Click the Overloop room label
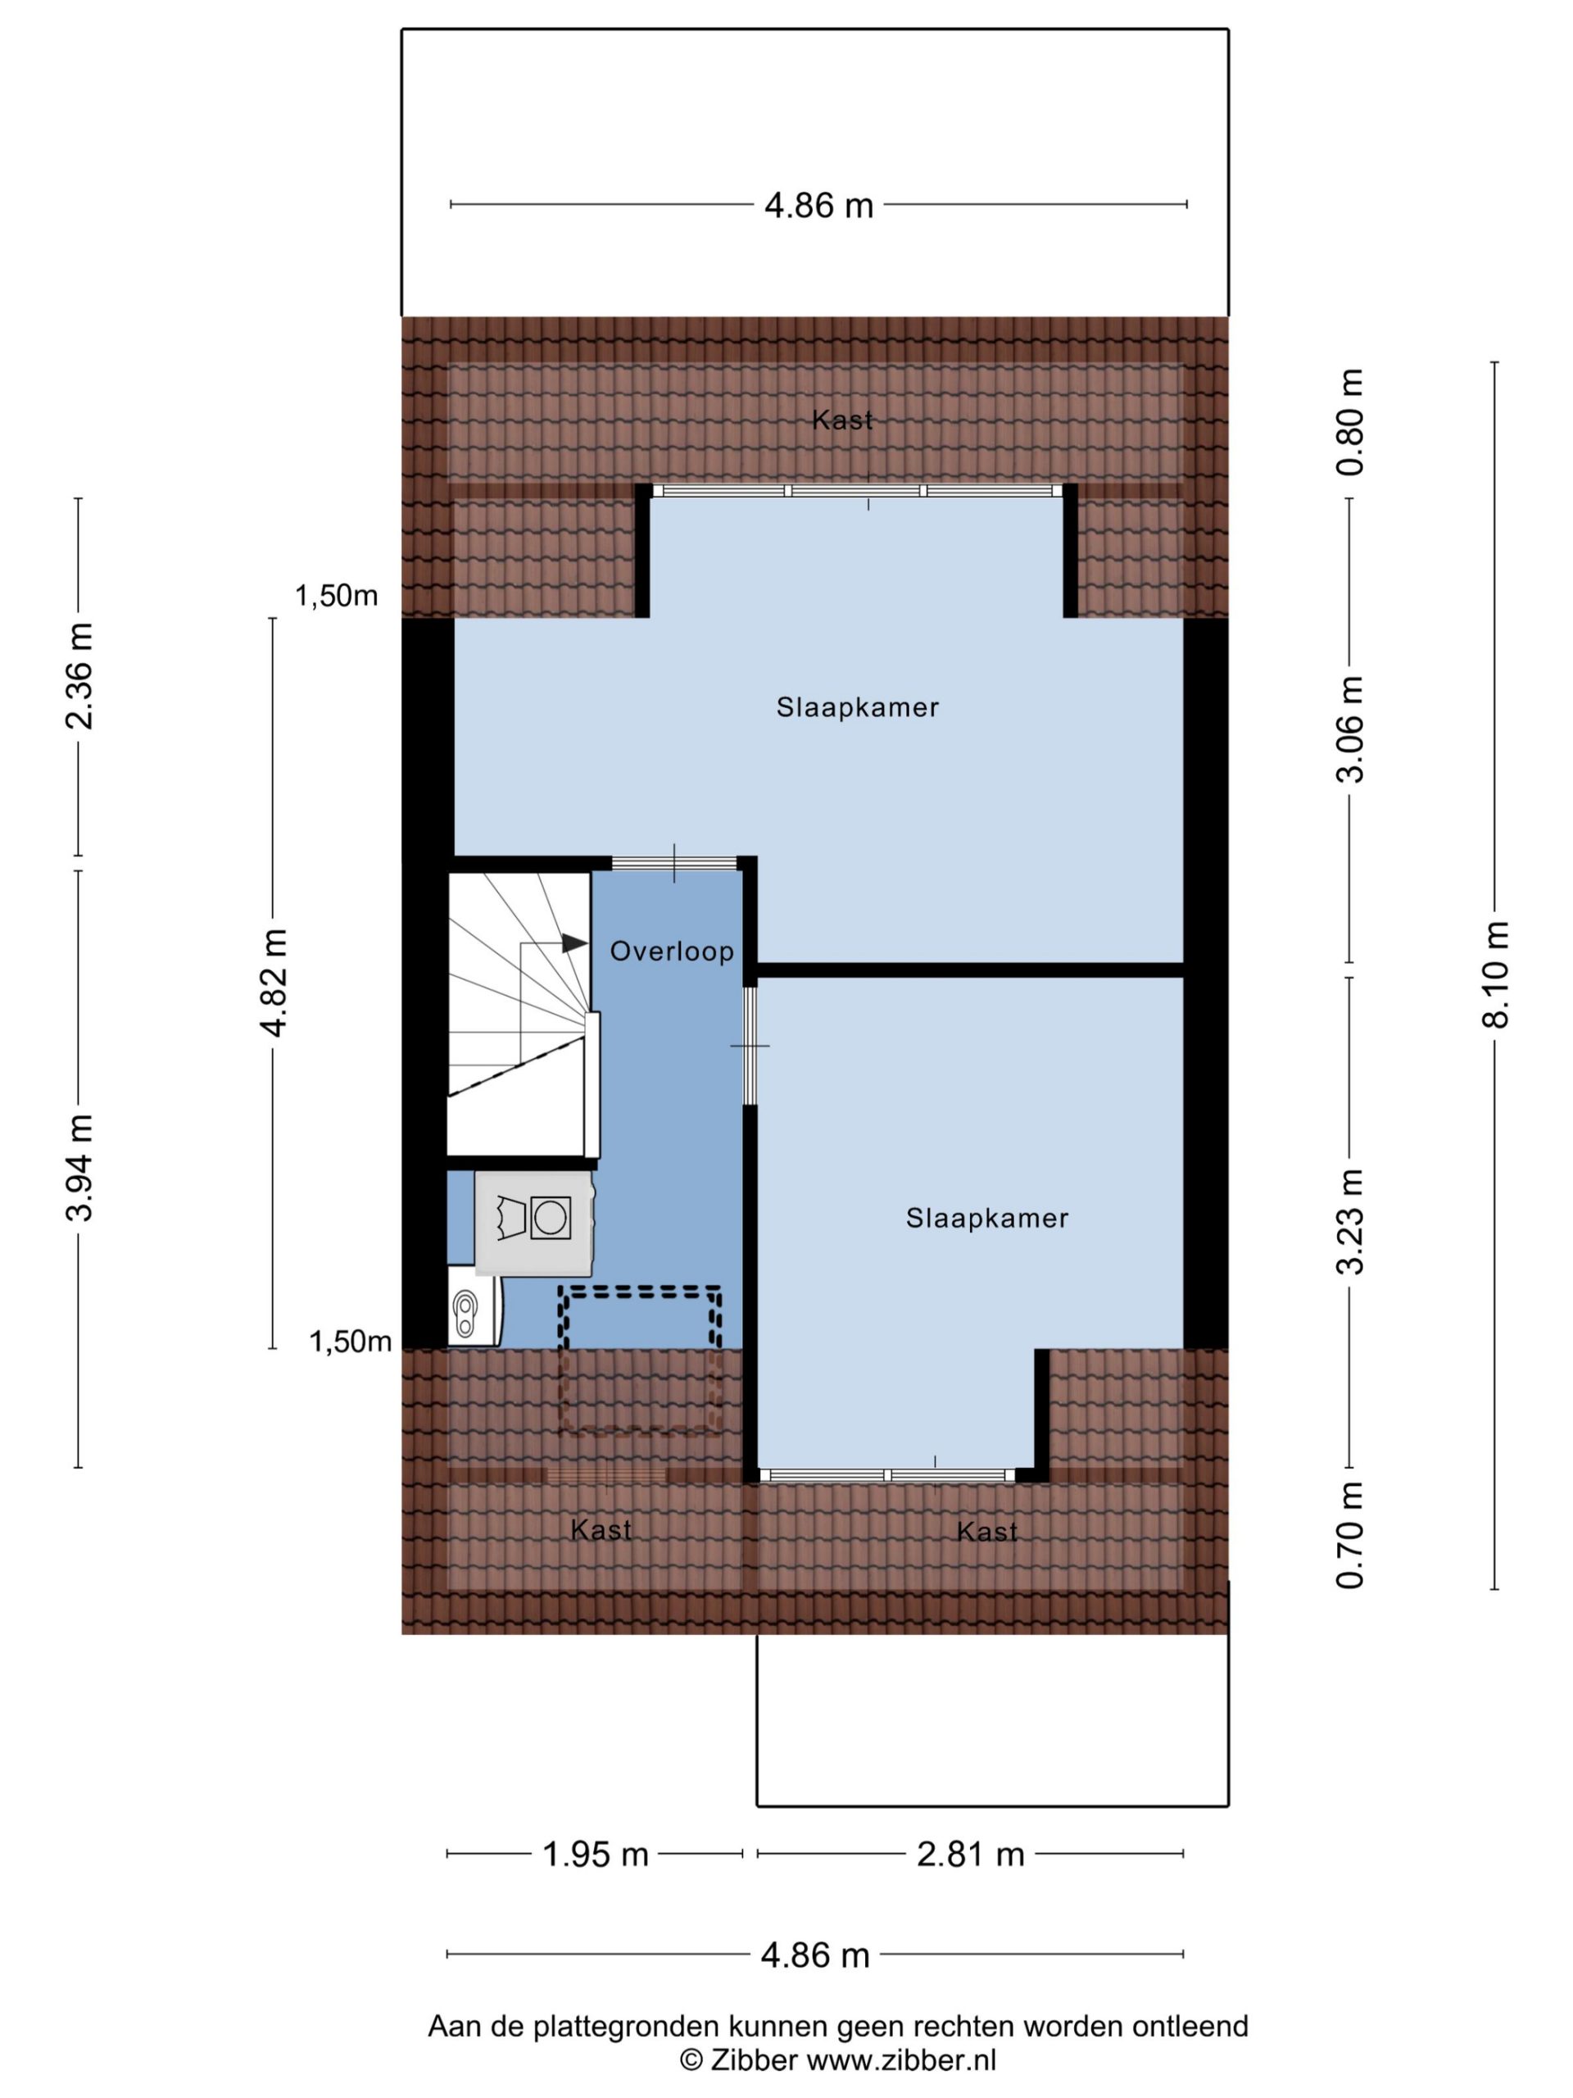(x=671, y=951)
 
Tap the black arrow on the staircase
(x=574, y=942)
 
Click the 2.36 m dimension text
(x=79, y=676)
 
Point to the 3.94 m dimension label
(x=79, y=1168)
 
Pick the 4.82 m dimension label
(x=273, y=983)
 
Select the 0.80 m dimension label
(x=1349, y=422)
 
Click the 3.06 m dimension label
(x=1349, y=729)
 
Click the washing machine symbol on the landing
(x=551, y=1218)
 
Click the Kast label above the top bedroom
(x=842, y=420)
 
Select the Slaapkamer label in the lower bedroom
(x=986, y=1218)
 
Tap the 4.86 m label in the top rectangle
(x=818, y=206)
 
